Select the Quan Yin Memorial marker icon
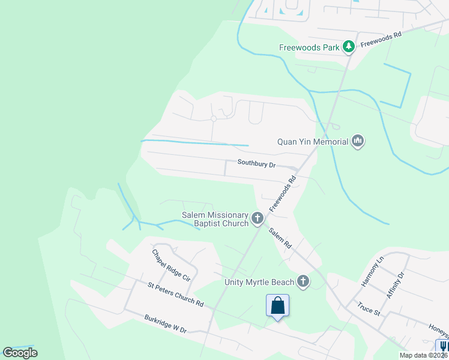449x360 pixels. coord(358,142)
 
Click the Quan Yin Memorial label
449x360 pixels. coord(313,142)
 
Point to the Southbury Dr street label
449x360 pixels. coord(256,163)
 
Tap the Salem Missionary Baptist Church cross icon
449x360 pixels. coord(258,218)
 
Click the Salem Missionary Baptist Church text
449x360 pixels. coord(215,220)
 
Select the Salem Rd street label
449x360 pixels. coord(280,238)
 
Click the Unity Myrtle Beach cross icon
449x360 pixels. coord(304,281)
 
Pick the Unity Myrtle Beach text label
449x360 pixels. coord(259,282)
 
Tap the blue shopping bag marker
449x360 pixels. coord(278,305)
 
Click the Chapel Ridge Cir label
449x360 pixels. coord(171,265)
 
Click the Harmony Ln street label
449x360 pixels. coord(372,271)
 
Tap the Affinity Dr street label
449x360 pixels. coord(396,285)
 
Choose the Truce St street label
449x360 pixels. coord(369,308)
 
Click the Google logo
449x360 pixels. coord(20,353)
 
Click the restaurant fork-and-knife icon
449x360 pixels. coord(443,347)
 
